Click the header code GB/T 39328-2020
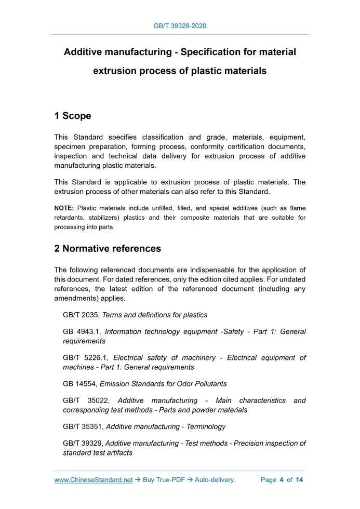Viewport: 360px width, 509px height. pos(180,25)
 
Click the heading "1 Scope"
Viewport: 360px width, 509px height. pos(73,116)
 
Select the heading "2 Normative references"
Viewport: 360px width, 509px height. pos(108,249)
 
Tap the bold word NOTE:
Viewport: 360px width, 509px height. pos(64,208)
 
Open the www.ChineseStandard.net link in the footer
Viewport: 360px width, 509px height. pos(94,480)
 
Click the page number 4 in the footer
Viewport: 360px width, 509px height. pos(281,480)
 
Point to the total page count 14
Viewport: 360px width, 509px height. pos(299,480)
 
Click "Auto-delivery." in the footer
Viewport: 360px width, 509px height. pos(215,480)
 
